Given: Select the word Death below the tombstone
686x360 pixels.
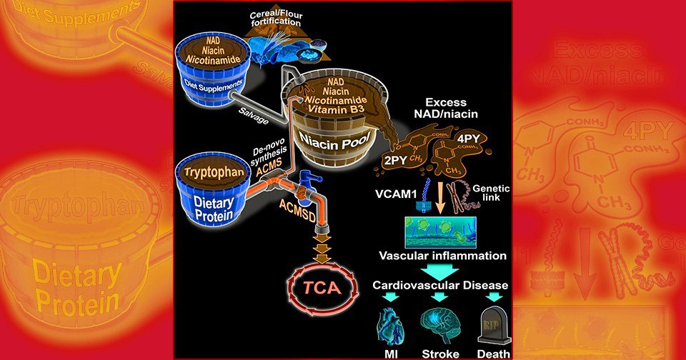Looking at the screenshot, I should [494, 351].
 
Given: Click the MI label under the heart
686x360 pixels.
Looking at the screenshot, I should [389, 351].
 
